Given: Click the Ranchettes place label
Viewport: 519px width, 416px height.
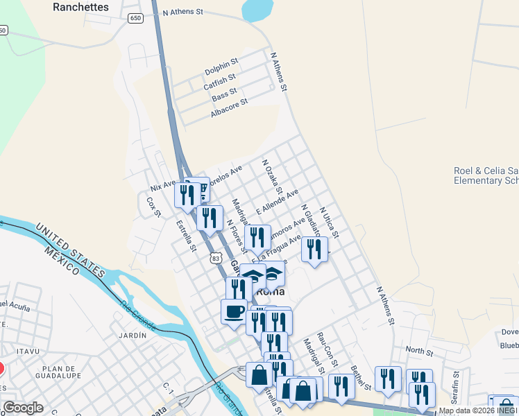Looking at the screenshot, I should click(81, 7).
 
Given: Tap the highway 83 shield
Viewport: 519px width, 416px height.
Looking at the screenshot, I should click(216, 258).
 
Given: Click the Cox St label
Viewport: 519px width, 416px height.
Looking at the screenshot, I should click(153, 206).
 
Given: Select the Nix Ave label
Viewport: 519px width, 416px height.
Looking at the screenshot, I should click(164, 184).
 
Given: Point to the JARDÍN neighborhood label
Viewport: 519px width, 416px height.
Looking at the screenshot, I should click(133, 336).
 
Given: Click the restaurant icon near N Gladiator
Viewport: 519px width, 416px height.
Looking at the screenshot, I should click(314, 248).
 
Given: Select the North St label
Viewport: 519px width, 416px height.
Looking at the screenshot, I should click(419, 351).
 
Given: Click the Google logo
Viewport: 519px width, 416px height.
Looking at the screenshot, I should click(22, 408).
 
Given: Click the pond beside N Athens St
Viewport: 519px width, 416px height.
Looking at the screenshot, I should click(255, 10).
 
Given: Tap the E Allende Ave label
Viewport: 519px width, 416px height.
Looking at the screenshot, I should click(277, 200).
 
